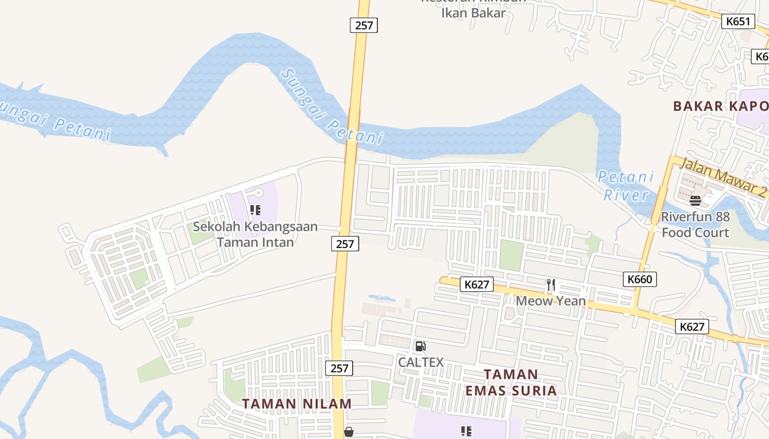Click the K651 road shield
[x=738, y=21]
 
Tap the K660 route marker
[x=640, y=279]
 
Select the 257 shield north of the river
[x=364, y=25]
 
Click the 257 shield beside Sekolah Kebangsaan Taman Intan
[x=345, y=243]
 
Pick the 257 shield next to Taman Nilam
[x=339, y=368]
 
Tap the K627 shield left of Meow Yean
[x=477, y=284]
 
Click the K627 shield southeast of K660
[x=692, y=327]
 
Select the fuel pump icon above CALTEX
[x=420, y=346]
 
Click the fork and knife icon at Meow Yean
[x=551, y=285]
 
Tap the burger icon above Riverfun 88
[x=695, y=200]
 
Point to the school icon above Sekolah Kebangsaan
[x=255, y=210]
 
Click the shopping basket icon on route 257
[x=348, y=432]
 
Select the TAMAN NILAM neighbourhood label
[x=297, y=404]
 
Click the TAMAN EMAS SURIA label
[x=511, y=382]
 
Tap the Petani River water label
[x=626, y=185]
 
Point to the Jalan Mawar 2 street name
[x=723, y=177]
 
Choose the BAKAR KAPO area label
[x=720, y=106]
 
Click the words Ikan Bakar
[x=473, y=13]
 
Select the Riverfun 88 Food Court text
[x=695, y=224]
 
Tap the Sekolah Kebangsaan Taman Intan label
[x=255, y=234]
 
